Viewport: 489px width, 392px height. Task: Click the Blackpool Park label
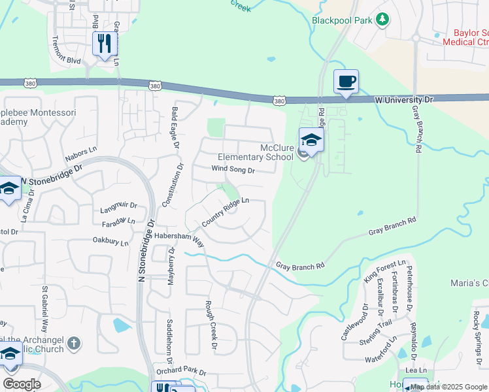click(x=341, y=20)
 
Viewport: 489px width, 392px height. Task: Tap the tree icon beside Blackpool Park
click(x=382, y=20)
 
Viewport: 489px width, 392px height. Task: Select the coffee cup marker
click(x=346, y=82)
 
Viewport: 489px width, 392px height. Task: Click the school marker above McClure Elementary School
click(x=312, y=139)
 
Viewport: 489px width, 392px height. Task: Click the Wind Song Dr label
click(x=232, y=169)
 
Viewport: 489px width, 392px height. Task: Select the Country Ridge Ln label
click(x=226, y=212)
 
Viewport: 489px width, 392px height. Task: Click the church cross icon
click(x=75, y=343)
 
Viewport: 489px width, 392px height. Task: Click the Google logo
click(x=22, y=384)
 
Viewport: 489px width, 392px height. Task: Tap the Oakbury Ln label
click(x=110, y=242)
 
